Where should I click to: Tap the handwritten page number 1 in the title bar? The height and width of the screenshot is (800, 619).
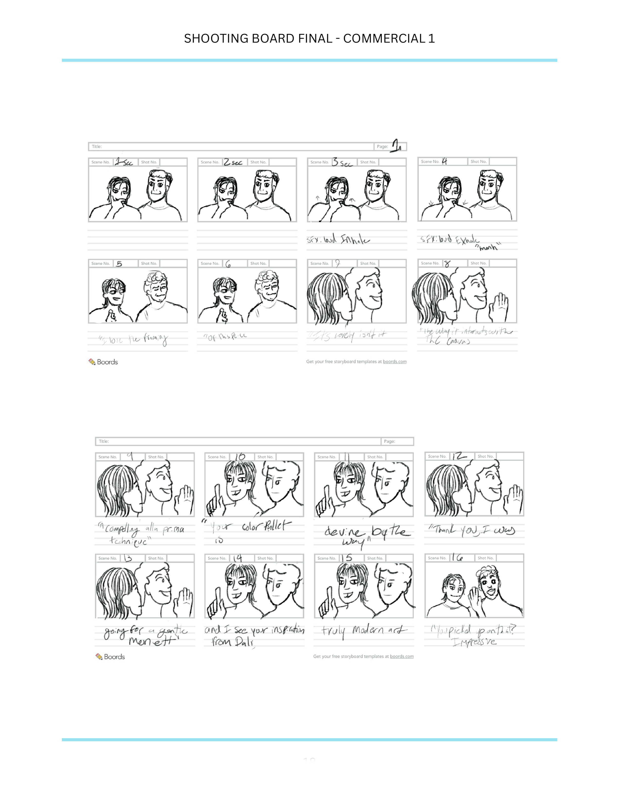click(396, 146)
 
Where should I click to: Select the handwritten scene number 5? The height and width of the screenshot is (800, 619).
click(119, 264)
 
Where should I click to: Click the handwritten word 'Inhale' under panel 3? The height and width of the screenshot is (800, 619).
click(355, 240)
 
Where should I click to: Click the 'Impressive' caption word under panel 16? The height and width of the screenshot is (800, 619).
click(474, 642)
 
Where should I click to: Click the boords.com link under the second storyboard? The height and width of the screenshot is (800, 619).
click(402, 656)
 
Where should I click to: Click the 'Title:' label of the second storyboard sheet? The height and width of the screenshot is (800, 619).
click(104, 441)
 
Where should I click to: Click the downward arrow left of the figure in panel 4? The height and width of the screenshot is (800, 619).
click(431, 203)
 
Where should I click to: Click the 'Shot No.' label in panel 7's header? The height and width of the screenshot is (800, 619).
click(368, 263)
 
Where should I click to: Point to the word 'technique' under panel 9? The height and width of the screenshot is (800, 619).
click(128, 541)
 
